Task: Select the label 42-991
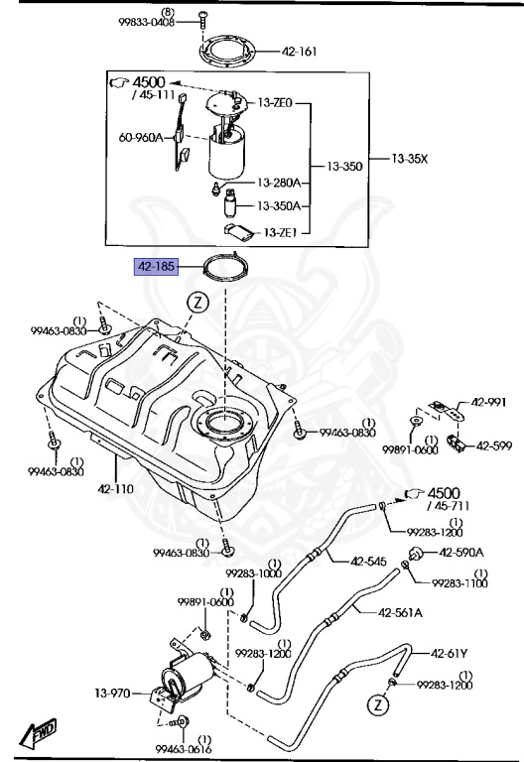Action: (487, 403)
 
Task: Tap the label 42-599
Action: (494, 445)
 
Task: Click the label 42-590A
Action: (460, 552)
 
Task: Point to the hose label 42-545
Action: (368, 562)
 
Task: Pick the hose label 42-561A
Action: (400, 612)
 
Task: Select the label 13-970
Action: (113, 694)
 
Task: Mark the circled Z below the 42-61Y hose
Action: (376, 705)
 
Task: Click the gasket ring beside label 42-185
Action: (225, 267)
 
